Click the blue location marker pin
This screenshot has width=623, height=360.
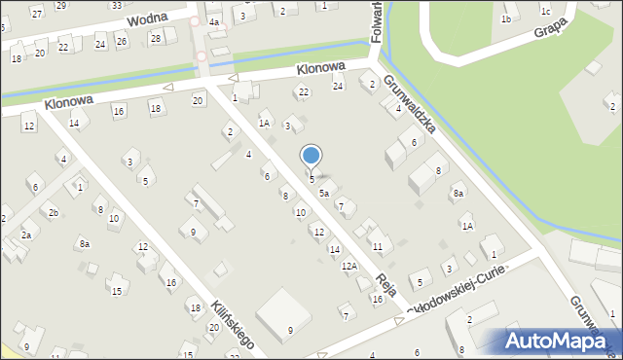coord(311,157)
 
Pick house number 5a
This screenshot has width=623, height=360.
coord(324,194)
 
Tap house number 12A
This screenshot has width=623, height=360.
coord(348,266)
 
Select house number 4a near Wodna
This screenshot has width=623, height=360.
coord(214,20)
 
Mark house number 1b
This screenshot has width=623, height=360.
coord(505,19)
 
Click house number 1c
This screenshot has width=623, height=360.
coord(546,12)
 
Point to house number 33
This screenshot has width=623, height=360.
coord(116,5)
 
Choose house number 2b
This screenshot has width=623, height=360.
coord(54,212)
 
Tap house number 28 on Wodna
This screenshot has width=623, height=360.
coord(155,38)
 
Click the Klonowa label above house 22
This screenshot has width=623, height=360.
coord(322,70)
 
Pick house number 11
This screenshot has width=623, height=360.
coord(377,247)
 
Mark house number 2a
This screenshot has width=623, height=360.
coord(27,234)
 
